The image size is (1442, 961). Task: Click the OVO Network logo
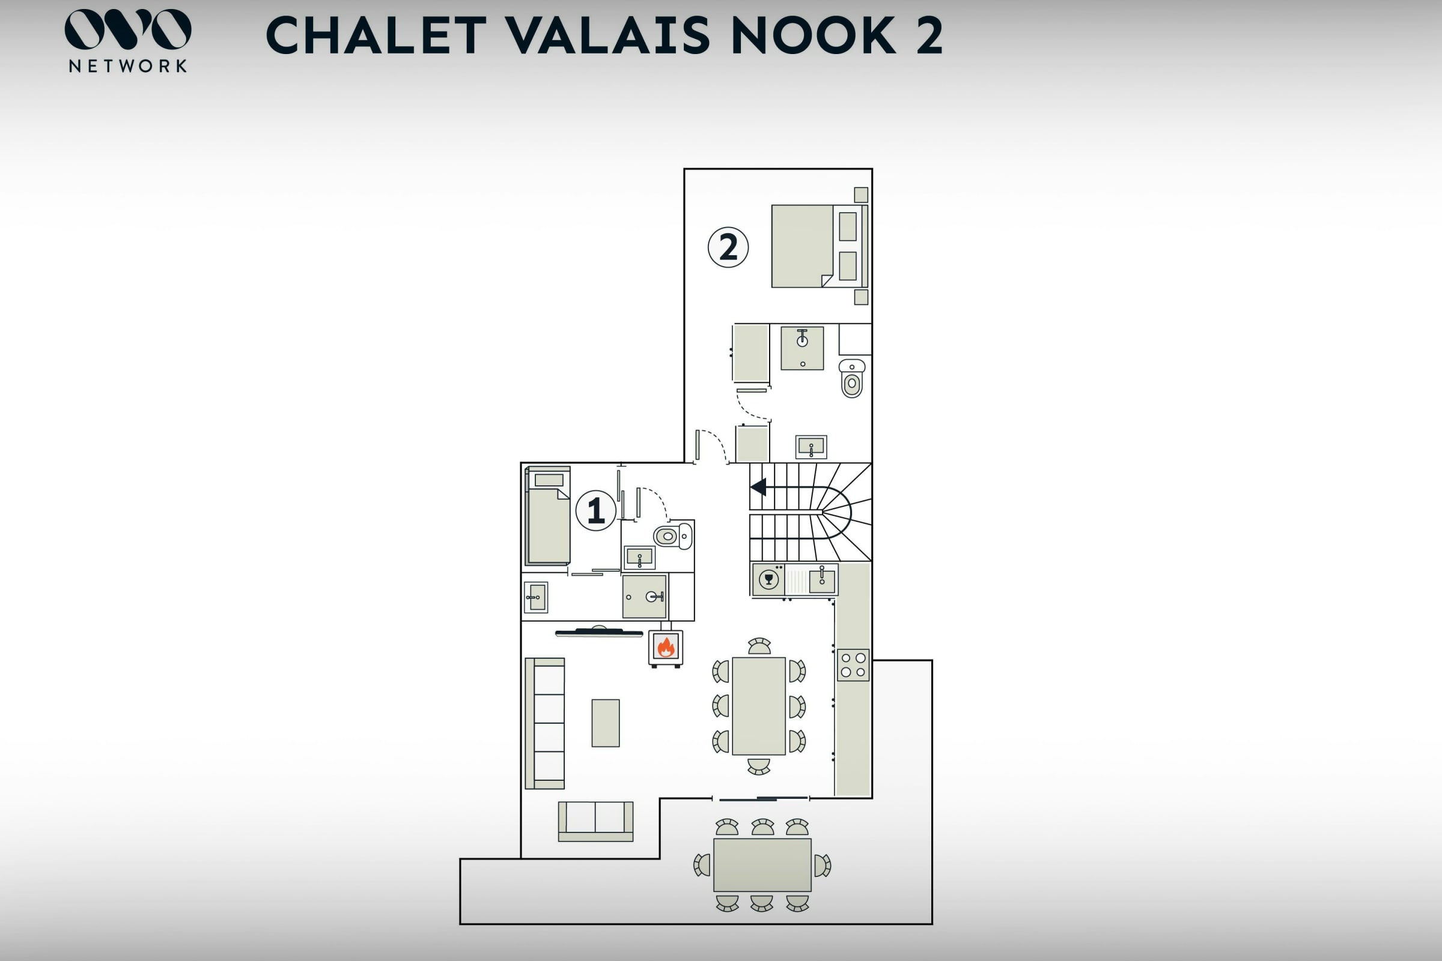(x=127, y=40)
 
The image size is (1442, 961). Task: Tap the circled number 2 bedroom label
(x=728, y=247)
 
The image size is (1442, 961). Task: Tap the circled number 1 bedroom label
(x=595, y=510)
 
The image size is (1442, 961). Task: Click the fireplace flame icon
(x=666, y=647)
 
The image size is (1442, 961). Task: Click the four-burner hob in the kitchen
(x=853, y=665)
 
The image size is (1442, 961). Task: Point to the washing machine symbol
(x=768, y=579)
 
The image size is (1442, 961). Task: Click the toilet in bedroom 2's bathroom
(x=851, y=378)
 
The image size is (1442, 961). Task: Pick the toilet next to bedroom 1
(x=673, y=536)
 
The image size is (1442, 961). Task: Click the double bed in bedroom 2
(x=819, y=246)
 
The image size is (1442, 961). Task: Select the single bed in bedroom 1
(x=548, y=515)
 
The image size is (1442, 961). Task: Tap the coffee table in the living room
(x=605, y=723)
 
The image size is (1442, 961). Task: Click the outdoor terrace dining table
(x=762, y=865)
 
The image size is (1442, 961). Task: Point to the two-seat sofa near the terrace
(x=595, y=821)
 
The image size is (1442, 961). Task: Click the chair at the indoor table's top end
(x=759, y=647)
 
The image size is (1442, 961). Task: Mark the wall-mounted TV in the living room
(x=599, y=632)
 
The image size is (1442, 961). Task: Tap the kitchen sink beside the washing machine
(x=821, y=580)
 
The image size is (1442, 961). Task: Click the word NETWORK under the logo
(x=127, y=66)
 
